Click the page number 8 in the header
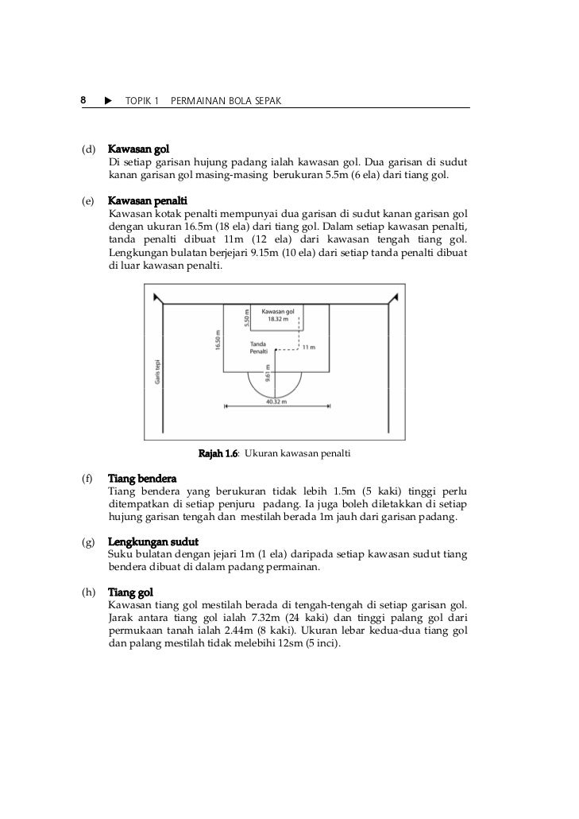click(x=83, y=101)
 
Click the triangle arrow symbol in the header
click(x=107, y=101)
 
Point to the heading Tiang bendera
click(x=142, y=479)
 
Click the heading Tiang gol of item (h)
click(x=130, y=593)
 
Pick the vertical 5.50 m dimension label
click(x=247, y=318)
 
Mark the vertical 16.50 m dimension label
click(x=217, y=340)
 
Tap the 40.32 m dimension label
click(x=276, y=402)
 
